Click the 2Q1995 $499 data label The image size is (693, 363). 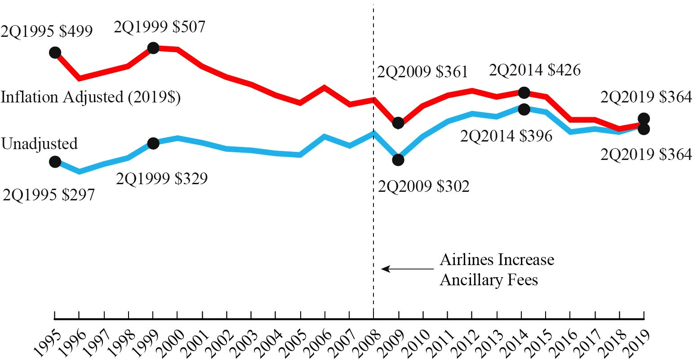[x=47, y=31]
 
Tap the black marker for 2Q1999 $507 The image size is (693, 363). [x=153, y=48]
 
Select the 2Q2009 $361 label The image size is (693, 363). [x=422, y=72]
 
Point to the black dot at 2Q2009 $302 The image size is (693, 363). [x=398, y=159]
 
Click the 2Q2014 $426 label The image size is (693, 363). [x=534, y=70]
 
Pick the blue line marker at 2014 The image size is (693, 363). [x=524, y=109]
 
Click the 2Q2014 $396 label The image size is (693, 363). [x=506, y=136]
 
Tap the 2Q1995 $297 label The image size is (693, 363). [x=49, y=195]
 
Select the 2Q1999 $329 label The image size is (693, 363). [x=162, y=179]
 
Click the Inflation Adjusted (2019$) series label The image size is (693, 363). [x=90, y=97]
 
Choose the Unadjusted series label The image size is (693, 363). [x=39, y=144]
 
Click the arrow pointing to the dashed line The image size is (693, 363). [x=407, y=269]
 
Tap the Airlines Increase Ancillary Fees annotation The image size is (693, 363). [x=497, y=270]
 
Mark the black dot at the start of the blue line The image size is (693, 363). [x=55, y=161]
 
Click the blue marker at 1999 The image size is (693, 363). [x=153, y=143]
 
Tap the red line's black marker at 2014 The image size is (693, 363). [x=524, y=93]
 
